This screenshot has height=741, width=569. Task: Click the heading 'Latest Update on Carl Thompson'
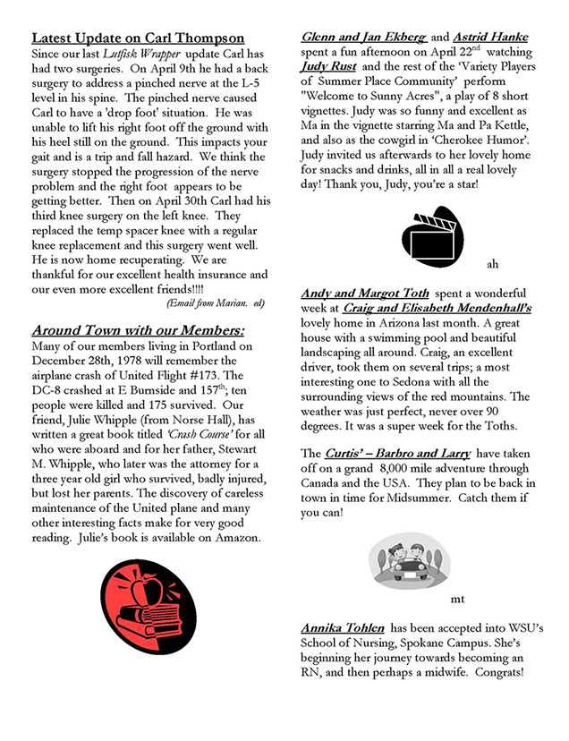(x=138, y=38)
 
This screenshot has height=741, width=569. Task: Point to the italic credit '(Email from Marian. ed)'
(x=217, y=303)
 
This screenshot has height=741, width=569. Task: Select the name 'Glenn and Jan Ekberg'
(x=364, y=38)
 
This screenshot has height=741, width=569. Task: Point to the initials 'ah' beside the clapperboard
(x=492, y=264)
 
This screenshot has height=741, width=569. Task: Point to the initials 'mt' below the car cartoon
(x=457, y=598)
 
